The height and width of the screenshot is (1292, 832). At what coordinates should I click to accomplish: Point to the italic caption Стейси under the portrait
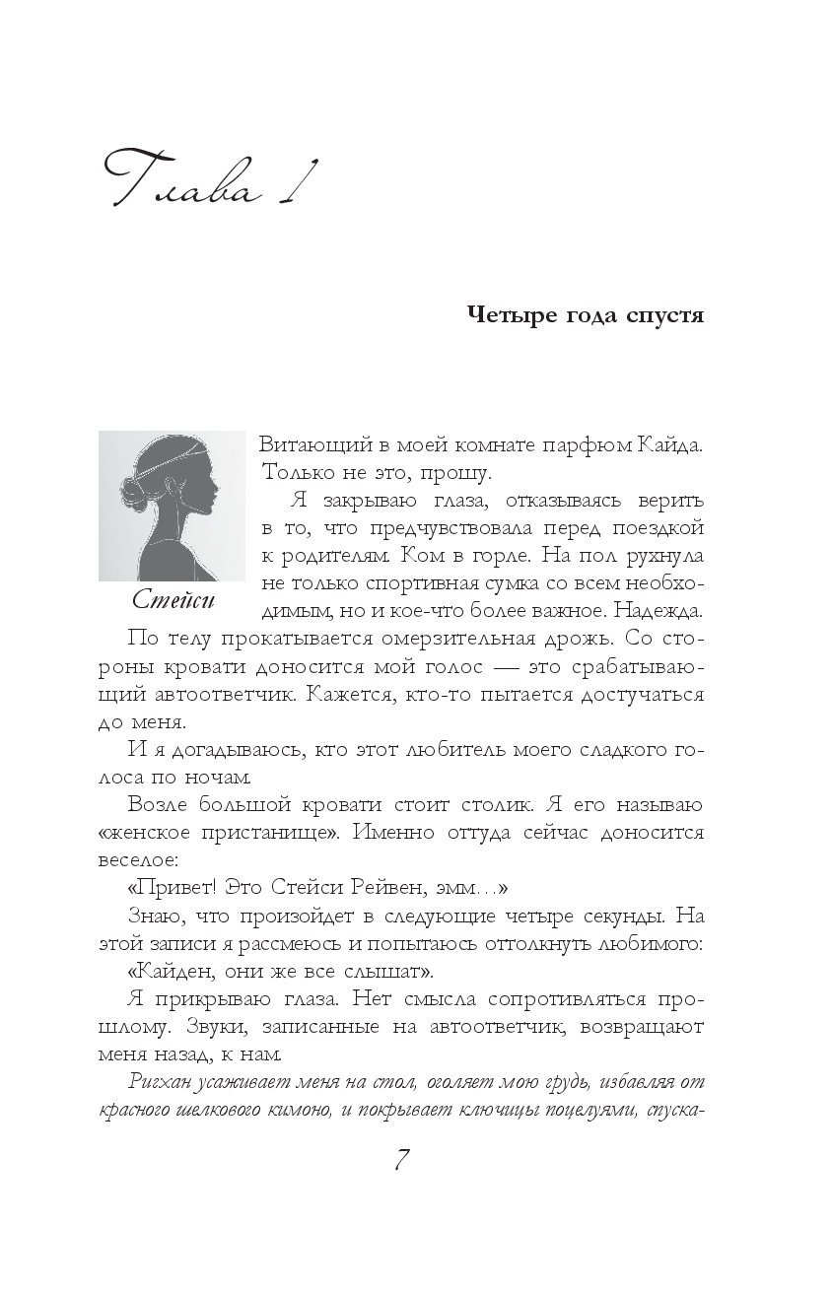click(x=173, y=600)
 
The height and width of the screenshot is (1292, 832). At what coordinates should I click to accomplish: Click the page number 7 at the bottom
click(x=401, y=1160)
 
